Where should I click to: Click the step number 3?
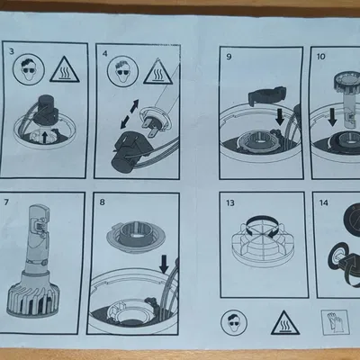(12, 51)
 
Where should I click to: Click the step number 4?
(104, 53)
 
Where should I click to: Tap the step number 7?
(6, 202)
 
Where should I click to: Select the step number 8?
(102, 202)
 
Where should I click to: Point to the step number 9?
(229, 57)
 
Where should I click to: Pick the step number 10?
(320, 57)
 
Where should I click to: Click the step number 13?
(230, 203)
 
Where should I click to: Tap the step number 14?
(324, 202)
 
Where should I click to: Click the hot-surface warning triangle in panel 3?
(65, 71)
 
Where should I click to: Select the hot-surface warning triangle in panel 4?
(158, 72)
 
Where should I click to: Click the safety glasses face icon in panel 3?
(29, 69)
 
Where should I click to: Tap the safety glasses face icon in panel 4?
(123, 72)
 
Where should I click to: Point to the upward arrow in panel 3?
(44, 137)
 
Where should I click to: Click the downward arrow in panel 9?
(280, 117)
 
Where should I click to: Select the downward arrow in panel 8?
(164, 264)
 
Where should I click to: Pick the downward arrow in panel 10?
(332, 117)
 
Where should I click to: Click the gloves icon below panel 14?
(335, 322)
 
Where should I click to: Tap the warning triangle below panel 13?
(285, 324)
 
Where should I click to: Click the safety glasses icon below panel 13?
(234, 322)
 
